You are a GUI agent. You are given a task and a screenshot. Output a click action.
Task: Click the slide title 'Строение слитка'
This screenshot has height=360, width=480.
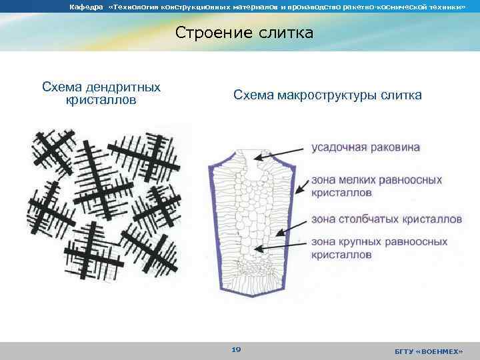click(244, 33)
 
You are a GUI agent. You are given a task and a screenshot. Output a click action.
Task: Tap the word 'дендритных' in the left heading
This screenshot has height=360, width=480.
click(129, 87)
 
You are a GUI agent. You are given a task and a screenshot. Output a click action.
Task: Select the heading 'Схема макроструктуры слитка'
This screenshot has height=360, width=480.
click(327, 95)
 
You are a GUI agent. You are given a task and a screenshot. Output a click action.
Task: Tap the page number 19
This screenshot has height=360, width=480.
click(236, 349)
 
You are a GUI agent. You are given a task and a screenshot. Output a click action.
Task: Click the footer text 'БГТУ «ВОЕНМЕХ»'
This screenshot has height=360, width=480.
click(432, 351)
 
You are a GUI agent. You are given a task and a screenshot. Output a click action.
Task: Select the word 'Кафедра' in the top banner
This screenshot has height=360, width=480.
click(86, 7)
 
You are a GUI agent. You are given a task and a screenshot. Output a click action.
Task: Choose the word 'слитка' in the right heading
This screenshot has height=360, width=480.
click(401, 95)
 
